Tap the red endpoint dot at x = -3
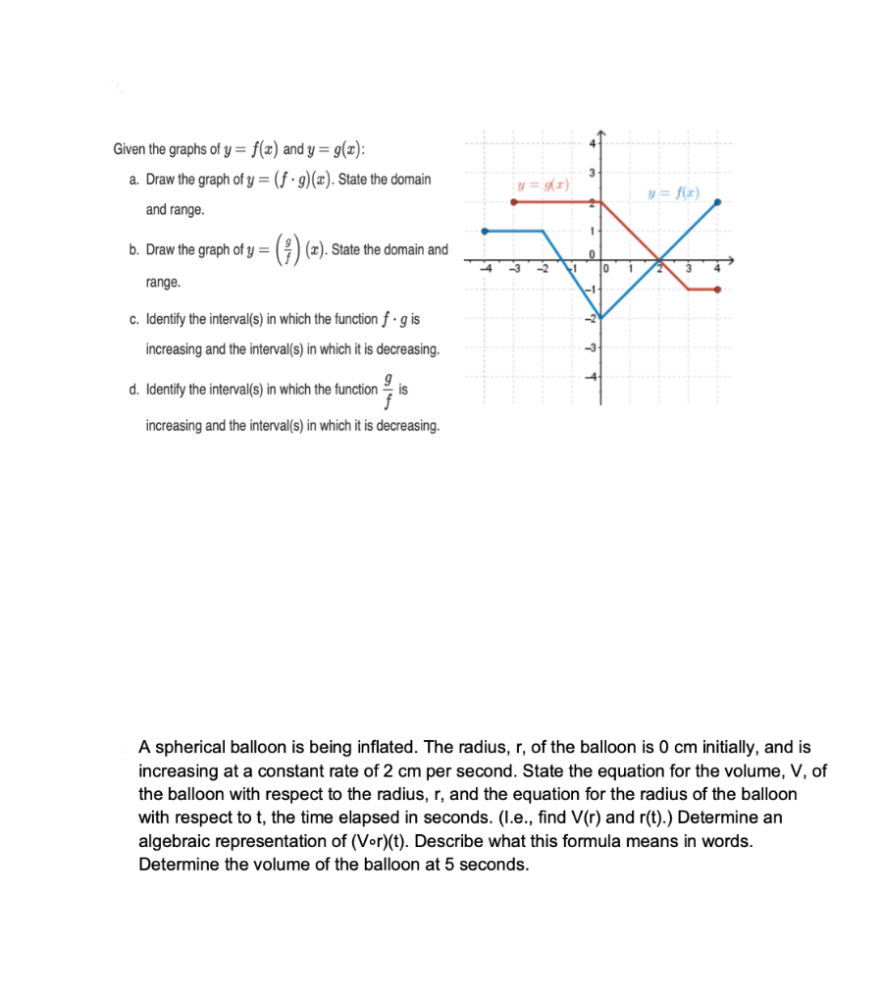[514, 202]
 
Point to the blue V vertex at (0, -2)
[601, 318]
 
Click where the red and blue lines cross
[660, 261]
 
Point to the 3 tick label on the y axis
[592, 174]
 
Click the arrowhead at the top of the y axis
[601, 135]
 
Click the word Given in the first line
[129, 150]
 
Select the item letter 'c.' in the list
[133, 319]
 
